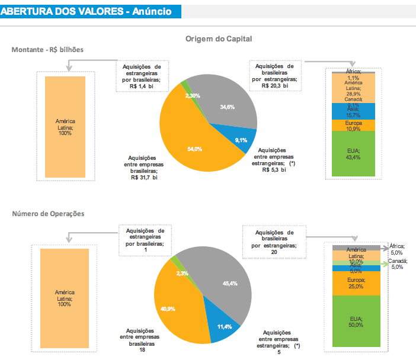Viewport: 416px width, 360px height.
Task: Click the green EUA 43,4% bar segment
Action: [354, 154]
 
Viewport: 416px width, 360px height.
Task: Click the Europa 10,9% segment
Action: [354, 125]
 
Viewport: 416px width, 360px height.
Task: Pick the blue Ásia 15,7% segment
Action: [354, 111]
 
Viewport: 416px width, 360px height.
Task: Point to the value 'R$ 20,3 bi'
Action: [274, 85]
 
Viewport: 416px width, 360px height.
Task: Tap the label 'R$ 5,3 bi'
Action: [274, 169]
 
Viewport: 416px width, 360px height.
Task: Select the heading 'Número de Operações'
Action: [49, 213]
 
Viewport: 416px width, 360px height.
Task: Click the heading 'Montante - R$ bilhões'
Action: [47, 50]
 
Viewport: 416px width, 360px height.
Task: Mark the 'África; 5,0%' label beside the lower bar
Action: [396, 249]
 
